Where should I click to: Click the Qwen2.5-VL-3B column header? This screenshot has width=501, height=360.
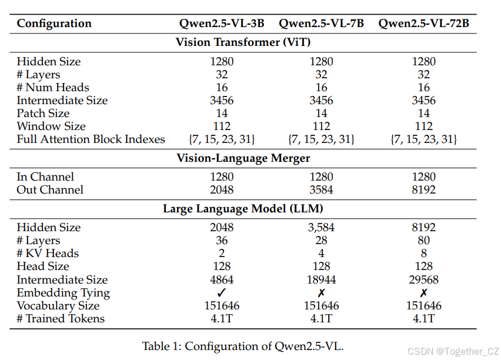(222, 24)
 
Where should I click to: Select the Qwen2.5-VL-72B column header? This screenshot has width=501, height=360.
(423, 24)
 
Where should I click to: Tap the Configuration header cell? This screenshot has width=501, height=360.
(54, 24)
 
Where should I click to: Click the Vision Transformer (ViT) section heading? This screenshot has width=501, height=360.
(243, 42)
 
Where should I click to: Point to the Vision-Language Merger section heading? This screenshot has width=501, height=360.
(243, 158)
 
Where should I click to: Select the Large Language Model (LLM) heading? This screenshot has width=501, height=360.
(243, 208)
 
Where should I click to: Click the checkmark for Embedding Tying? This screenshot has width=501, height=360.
(222, 293)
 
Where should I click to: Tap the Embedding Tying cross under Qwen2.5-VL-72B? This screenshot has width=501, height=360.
(423, 293)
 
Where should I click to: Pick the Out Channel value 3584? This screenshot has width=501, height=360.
(321, 189)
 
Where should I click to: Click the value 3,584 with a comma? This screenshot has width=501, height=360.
(321, 228)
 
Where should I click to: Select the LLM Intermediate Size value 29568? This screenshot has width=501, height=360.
(423, 280)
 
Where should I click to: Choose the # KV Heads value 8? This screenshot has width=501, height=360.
(423, 254)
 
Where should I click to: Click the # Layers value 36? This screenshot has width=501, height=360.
(222, 241)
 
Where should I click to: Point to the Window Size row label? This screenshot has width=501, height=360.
(51, 126)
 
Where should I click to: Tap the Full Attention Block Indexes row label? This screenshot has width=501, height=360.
(91, 139)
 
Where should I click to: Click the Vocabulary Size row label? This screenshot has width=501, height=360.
(58, 306)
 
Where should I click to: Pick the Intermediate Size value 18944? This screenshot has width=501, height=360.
(321, 280)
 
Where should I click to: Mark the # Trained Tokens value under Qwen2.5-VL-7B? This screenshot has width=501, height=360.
(321, 319)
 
